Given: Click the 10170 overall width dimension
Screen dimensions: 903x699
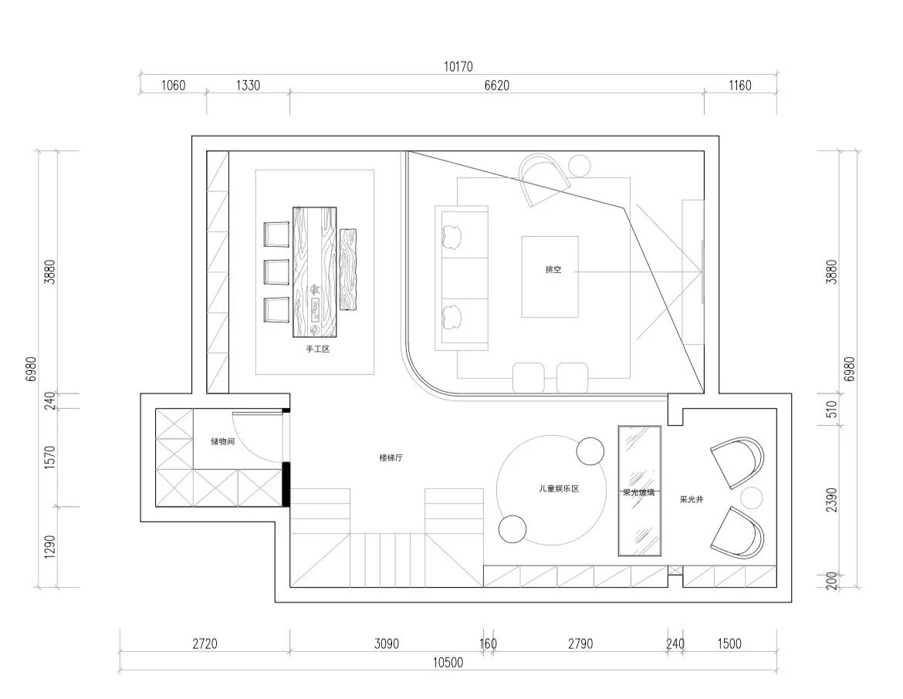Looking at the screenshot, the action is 458,67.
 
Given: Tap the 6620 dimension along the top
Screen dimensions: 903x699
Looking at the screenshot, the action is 496,85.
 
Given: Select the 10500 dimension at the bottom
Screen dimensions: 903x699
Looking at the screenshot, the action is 448,662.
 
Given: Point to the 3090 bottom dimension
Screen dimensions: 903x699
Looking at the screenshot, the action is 387,643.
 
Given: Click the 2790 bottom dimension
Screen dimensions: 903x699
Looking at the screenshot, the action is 580,643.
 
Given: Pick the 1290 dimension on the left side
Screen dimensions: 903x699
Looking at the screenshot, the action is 50,546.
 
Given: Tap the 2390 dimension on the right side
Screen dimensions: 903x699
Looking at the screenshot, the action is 831,499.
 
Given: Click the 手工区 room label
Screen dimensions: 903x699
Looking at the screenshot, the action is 318,349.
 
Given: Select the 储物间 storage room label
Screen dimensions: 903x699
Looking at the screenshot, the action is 223,441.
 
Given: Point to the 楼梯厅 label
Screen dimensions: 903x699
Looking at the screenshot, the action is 391,458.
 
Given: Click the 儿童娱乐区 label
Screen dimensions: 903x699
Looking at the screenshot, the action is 559,488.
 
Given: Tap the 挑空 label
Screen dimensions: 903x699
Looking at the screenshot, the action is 553,269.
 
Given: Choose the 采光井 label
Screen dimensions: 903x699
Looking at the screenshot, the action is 692,499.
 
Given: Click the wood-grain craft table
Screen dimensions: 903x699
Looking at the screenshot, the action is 314,272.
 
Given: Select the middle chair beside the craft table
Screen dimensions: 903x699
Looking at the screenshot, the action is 276,272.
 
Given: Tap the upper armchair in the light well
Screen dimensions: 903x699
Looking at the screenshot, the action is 738,462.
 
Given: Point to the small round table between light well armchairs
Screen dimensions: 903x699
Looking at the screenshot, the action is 751,498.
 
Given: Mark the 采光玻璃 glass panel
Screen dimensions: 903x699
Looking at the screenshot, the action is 639,491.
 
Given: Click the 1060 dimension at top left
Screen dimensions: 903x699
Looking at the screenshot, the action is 173,85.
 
